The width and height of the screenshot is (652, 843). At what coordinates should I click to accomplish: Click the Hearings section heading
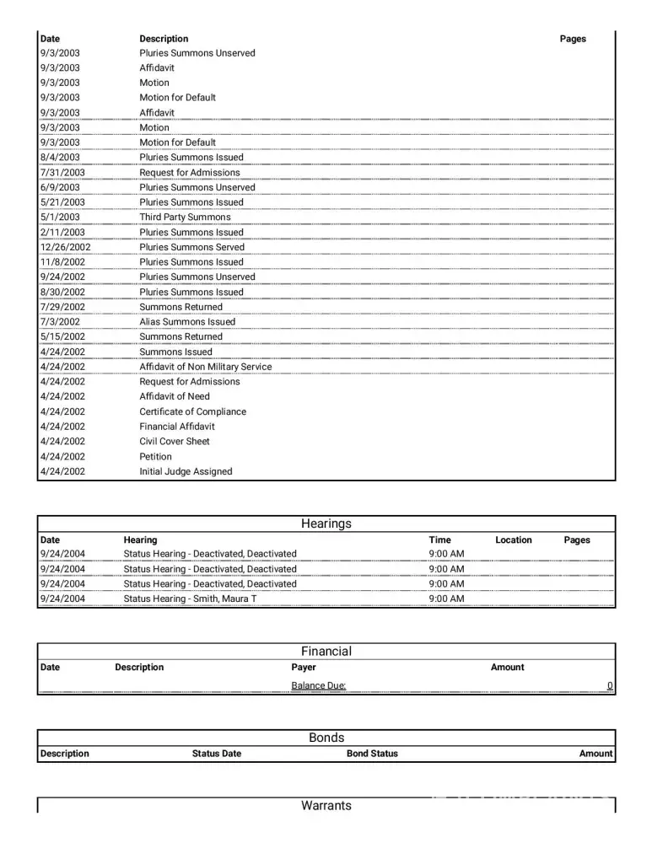[326, 524]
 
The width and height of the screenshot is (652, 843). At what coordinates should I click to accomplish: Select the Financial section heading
[326, 651]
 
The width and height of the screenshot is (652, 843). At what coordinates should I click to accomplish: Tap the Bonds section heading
[326, 738]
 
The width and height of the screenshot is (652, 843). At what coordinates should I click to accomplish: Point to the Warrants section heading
[326, 806]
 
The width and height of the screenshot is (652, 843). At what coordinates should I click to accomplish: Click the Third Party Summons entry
[185, 217]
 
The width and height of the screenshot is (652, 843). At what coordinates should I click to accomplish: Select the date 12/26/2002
[65, 247]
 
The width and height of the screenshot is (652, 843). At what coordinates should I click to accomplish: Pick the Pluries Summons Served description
[191, 247]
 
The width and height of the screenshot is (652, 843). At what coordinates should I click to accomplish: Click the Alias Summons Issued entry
[187, 322]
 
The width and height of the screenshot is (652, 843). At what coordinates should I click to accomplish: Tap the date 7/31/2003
[62, 173]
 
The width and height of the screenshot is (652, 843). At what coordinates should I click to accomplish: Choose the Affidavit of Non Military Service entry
[205, 367]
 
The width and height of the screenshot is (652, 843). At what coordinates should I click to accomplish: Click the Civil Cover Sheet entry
[175, 442]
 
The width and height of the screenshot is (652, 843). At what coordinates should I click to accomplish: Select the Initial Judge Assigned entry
[186, 472]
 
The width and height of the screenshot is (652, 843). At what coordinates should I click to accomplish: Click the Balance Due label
[318, 686]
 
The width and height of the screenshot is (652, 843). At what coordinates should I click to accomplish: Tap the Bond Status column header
[372, 754]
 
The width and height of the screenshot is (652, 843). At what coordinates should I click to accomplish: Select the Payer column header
[304, 668]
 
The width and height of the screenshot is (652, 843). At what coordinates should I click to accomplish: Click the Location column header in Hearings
[513, 540]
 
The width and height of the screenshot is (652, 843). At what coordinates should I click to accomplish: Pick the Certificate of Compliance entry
[192, 412]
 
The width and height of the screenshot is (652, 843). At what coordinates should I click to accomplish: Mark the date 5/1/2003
[60, 217]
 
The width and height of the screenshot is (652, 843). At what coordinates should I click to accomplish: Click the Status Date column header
[216, 754]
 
